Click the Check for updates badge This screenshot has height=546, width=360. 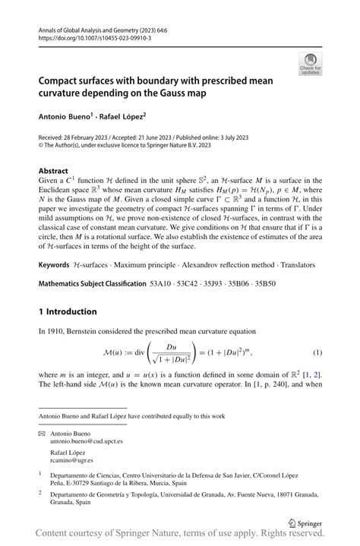point(310,64)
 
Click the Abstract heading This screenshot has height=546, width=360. point(53,171)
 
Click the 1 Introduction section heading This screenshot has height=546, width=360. point(68,312)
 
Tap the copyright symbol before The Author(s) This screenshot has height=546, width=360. point(42,144)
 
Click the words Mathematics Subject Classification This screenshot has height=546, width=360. point(92,284)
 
